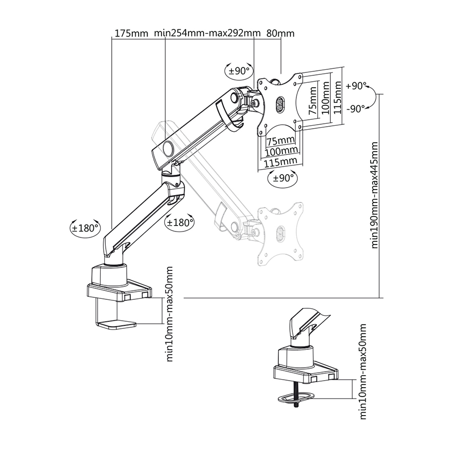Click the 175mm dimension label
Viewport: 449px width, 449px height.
point(131,34)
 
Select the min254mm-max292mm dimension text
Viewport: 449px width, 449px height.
point(208,34)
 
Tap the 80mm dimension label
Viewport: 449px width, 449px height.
point(280,34)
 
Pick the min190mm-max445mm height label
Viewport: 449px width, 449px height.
point(374,195)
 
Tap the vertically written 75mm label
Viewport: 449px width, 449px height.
point(313,103)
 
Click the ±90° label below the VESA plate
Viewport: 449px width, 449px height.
point(282,178)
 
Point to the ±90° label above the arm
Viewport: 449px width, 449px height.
point(238,71)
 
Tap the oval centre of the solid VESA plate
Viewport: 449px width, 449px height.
point(279,105)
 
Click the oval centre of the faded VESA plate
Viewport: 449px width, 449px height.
point(280,233)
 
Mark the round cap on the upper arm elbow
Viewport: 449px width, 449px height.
point(167,149)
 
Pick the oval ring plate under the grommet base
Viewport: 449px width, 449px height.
point(296,397)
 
